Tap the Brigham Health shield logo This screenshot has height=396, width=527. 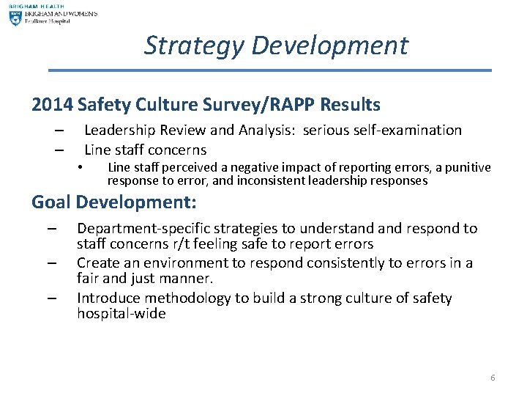pyautogui.click(x=15, y=18)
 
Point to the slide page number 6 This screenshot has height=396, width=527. pyautogui.click(x=493, y=378)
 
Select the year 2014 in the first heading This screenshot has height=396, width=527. pyautogui.click(x=52, y=105)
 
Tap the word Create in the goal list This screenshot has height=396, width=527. pyautogui.click(x=98, y=263)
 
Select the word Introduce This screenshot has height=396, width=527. pyautogui.click(x=110, y=298)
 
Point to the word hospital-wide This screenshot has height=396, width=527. pyautogui.click(x=122, y=314)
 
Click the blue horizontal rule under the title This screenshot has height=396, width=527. pyautogui.click(x=269, y=70)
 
